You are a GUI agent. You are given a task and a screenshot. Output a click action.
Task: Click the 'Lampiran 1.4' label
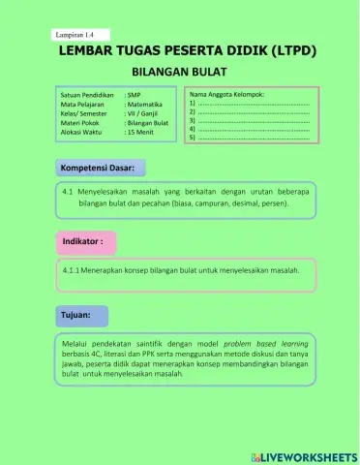[x=76, y=35]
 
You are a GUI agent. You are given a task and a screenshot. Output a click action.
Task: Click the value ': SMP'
[x=135, y=97]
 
